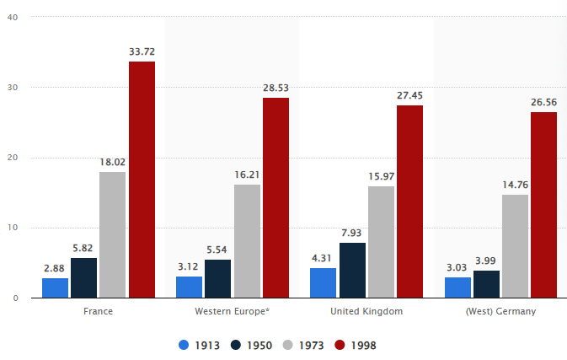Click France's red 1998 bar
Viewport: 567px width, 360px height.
(x=142, y=180)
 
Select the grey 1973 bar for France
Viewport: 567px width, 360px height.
(x=112, y=234)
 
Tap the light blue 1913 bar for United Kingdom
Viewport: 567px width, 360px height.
(x=323, y=282)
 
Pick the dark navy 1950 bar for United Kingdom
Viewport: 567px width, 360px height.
(x=352, y=270)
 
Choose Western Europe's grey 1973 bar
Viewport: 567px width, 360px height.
(x=247, y=241)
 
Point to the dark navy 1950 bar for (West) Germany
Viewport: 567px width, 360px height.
(x=486, y=284)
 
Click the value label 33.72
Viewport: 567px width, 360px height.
(x=142, y=51)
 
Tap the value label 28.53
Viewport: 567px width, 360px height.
(x=275, y=88)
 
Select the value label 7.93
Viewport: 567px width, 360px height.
(x=352, y=233)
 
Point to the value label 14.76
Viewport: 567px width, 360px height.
(x=515, y=185)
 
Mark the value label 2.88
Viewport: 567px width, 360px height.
(x=55, y=268)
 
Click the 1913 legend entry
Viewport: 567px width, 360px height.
(x=199, y=345)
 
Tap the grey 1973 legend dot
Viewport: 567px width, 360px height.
(x=286, y=345)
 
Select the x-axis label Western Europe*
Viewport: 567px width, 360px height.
(x=233, y=311)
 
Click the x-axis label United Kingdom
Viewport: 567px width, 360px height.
(x=366, y=311)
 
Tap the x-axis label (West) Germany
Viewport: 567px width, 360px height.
(x=500, y=311)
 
